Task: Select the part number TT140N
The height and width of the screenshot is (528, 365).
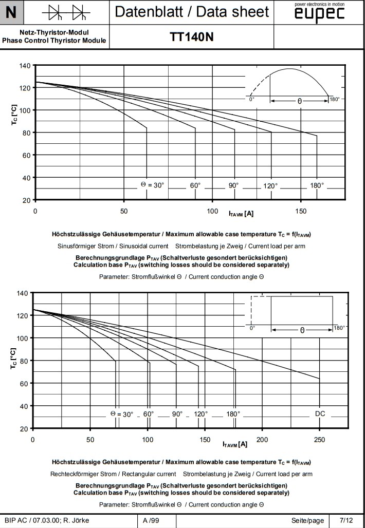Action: [x=192, y=37]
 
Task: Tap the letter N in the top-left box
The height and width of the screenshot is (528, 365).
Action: [x=11, y=12]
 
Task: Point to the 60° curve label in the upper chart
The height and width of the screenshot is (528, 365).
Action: [x=195, y=185]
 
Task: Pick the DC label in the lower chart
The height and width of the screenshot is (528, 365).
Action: [x=320, y=414]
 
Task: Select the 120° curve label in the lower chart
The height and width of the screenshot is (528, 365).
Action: [x=201, y=414]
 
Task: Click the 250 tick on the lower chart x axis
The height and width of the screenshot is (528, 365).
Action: [x=320, y=440]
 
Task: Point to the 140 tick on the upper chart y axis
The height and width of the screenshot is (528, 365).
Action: [x=25, y=66]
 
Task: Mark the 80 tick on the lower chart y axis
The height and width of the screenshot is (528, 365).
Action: [x=24, y=361]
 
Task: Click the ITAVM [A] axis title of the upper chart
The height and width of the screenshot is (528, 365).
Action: [x=241, y=213]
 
